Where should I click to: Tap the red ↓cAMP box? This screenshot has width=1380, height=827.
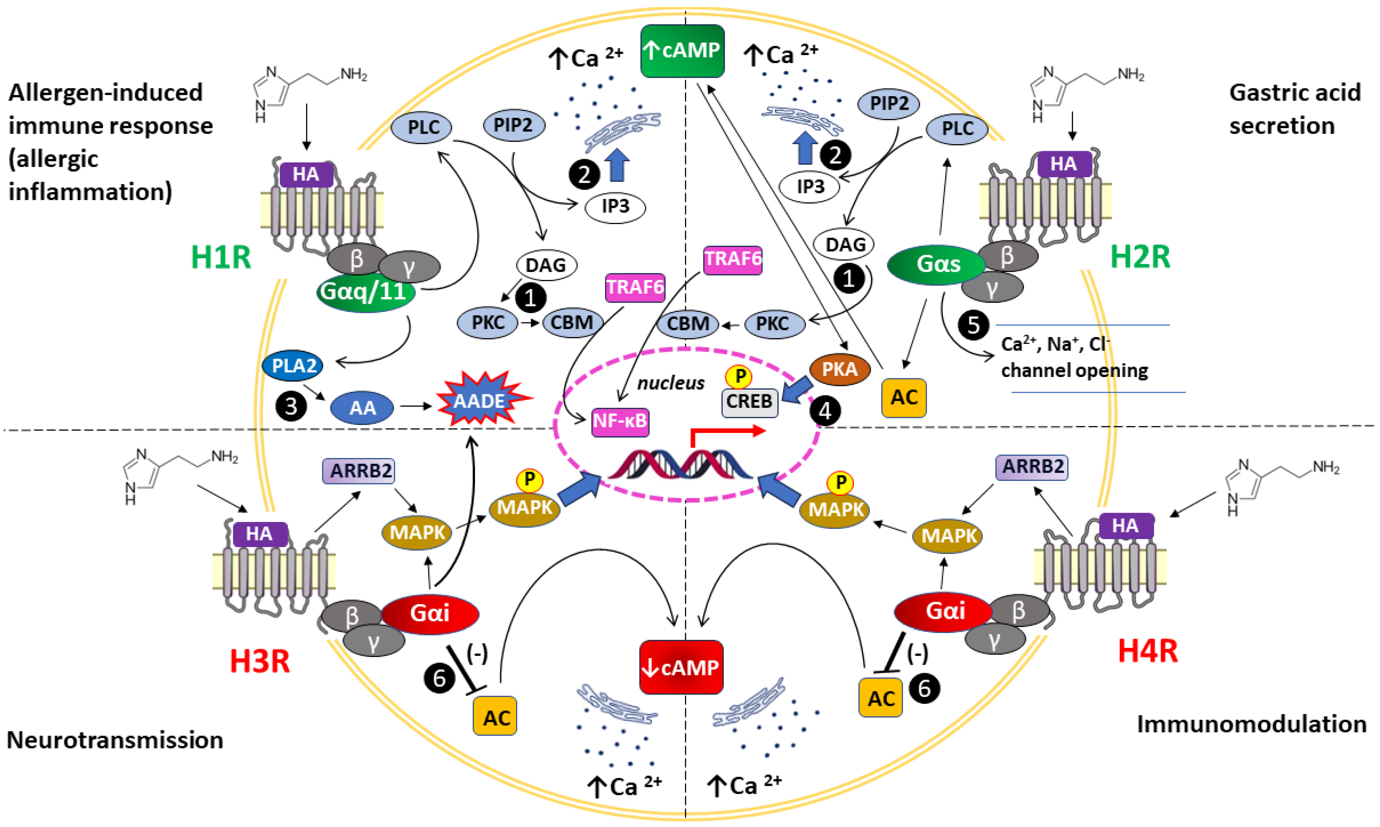681,667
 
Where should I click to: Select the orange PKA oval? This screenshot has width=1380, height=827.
840,369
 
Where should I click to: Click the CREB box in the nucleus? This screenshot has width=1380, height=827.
749,402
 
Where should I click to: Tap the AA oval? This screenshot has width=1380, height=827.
362,408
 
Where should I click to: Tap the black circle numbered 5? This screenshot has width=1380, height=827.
973,325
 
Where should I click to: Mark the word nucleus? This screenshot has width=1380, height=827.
671,383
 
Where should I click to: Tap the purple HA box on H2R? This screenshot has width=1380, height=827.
1064,164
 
